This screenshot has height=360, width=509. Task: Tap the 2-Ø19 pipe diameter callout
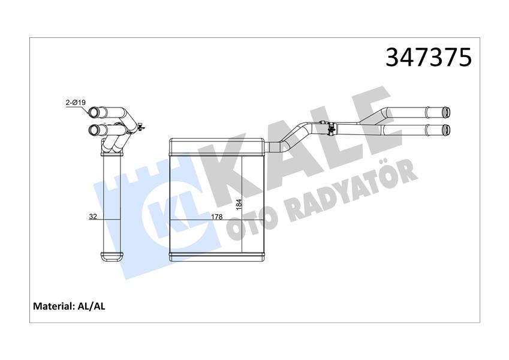coord(76,103)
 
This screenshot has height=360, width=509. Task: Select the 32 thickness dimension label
coord(93,216)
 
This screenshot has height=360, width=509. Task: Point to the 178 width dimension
coord(218,216)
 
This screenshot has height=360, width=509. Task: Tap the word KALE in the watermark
coord(300,150)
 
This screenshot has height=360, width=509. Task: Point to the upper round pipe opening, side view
coord(95,112)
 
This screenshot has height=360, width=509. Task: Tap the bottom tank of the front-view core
coord(216,256)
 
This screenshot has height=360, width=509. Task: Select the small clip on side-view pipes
coord(140,126)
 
